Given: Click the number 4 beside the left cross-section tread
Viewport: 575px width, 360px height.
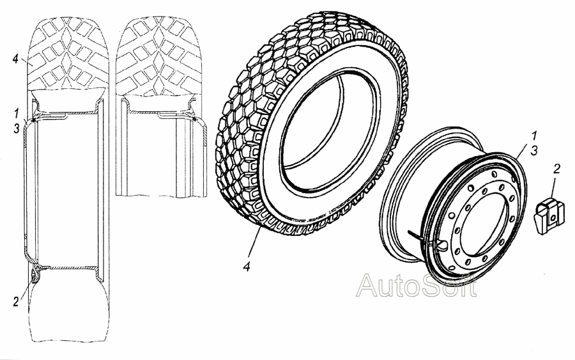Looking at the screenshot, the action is tap(15, 59).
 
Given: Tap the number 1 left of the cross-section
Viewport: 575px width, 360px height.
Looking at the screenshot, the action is tap(16, 114).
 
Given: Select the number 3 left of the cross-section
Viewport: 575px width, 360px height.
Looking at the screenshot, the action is tap(17, 129).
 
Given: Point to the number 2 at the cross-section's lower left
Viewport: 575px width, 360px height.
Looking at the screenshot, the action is tap(15, 302).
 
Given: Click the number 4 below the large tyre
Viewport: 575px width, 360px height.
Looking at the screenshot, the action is tap(247, 267).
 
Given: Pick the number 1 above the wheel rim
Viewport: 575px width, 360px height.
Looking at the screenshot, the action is tap(534, 136).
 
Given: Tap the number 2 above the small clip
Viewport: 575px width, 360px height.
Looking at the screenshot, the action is tap(556, 169).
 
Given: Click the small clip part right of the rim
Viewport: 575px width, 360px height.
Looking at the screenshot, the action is tap(547, 215).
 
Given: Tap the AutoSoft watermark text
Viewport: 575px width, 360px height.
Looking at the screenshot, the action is tap(416, 285).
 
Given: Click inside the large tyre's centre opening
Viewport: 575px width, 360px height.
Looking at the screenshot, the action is tap(329, 132).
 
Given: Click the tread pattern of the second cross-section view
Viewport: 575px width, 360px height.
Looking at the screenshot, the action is tap(158, 56).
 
